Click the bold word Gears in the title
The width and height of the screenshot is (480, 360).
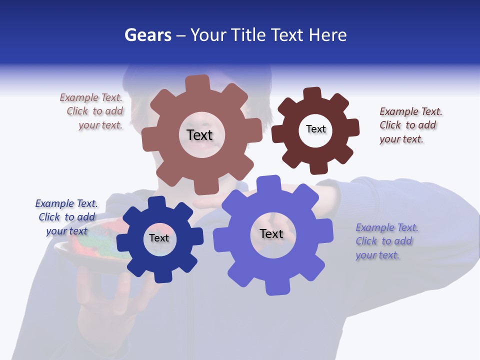point(148,35)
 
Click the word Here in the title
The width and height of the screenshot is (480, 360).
point(327,35)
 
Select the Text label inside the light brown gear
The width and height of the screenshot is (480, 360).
point(200,135)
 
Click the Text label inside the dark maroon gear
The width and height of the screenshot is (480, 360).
point(315,129)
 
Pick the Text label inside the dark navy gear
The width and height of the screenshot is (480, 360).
point(159,238)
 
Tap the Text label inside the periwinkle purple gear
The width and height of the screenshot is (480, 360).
point(271,233)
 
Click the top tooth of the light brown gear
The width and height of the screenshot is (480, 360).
point(197,83)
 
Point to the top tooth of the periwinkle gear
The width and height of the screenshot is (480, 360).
point(268,183)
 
